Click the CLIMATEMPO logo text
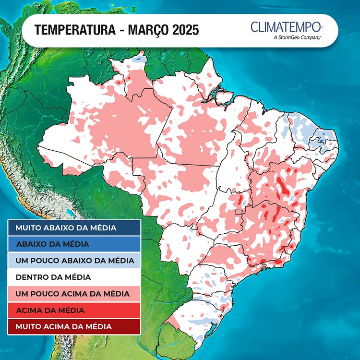[x=287, y=26]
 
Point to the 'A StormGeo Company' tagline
[x=296, y=37]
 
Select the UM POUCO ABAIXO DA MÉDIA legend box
[x=74, y=261]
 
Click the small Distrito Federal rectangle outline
[x=239, y=212]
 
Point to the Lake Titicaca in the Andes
[x=72, y=212]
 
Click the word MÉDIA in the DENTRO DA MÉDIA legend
[x=77, y=277]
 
